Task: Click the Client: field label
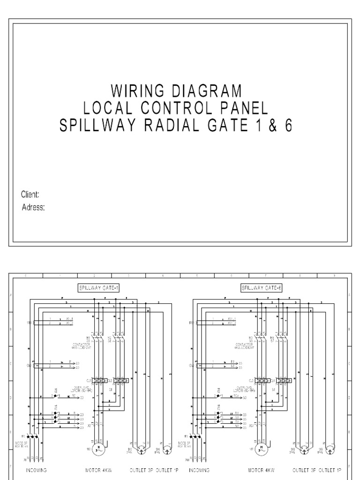click(30, 195)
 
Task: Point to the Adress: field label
click(33, 208)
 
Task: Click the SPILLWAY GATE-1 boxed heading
click(98, 288)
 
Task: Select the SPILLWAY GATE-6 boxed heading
click(262, 288)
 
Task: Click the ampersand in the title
click(272, 126)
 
